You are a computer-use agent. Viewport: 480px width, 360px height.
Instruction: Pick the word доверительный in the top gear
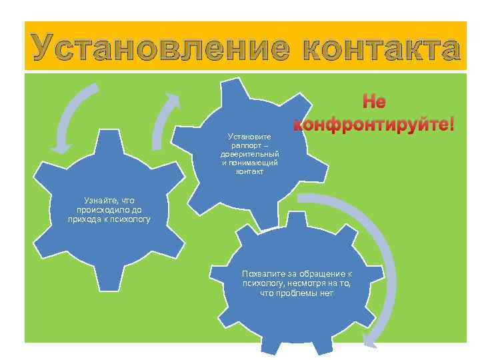tap(249, 155)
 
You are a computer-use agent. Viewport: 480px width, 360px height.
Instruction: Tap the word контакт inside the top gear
tap(249, 171)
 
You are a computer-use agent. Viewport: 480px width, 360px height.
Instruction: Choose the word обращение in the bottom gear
tap(320, 274)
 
